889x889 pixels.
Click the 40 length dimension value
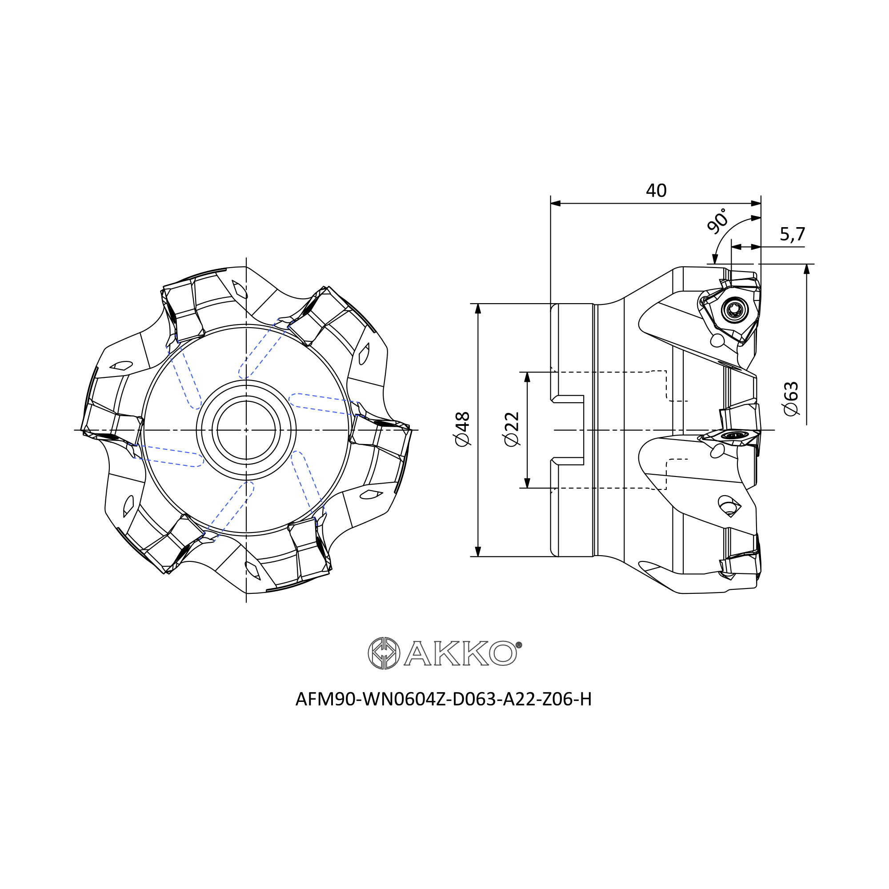click(656, 191)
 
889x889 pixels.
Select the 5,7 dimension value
click(793, 234)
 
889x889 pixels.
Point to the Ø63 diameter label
click(791, 398)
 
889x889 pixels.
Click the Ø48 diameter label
click(462, 429)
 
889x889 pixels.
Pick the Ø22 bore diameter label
click(512, 429)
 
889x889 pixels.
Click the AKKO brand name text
click(460, 653)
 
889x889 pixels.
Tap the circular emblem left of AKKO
click(384, 653)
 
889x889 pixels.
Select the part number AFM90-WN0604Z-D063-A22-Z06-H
click(444, 699)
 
